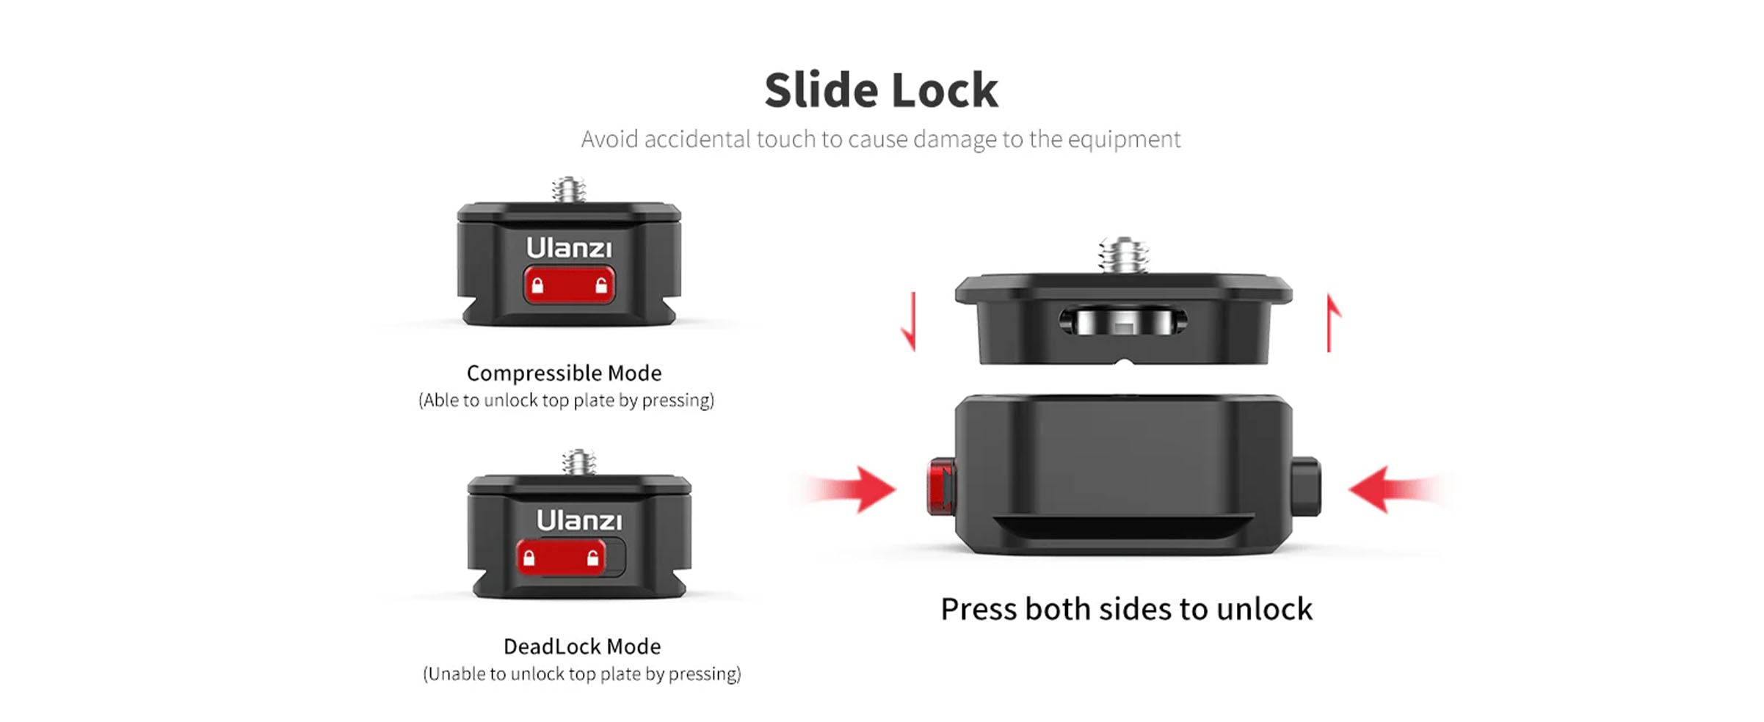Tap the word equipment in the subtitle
[1124, 139]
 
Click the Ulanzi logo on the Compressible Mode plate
[568, 249]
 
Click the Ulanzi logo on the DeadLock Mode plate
[578, 521]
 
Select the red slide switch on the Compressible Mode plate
[569, 285]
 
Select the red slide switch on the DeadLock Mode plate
[561, 558]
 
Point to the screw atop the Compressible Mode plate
[569, 189]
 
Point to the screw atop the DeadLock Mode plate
[579, 462]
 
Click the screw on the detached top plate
[1123, 255]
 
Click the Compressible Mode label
[564, 373]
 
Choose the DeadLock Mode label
[581, 646]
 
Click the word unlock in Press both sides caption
[1264, 610]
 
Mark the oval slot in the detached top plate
[1122, 321]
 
